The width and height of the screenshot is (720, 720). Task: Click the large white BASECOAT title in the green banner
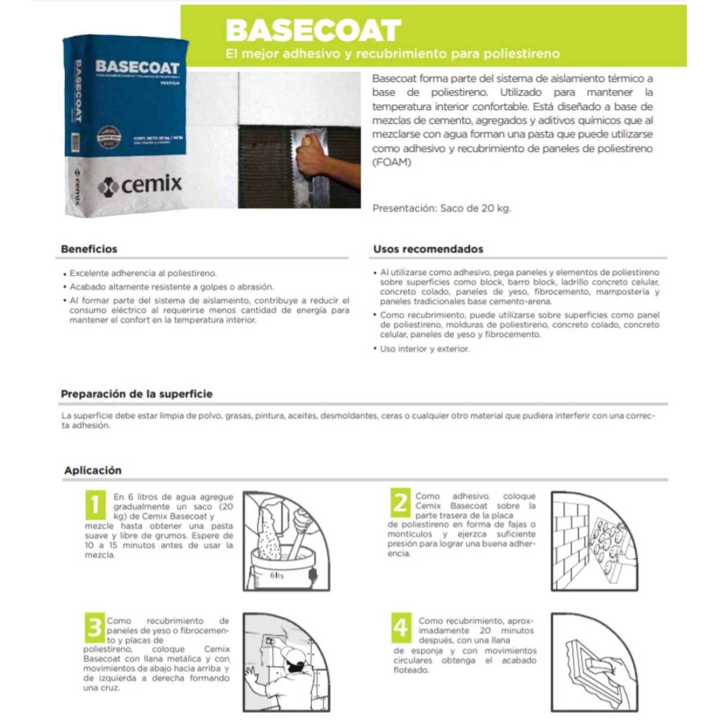click(313, 30)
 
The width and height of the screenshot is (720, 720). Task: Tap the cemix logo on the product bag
click(140, 184)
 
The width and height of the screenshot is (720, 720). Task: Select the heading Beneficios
click(89, 249)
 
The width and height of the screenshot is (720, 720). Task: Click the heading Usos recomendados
click(428, 249)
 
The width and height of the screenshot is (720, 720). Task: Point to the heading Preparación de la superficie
click(136, 394)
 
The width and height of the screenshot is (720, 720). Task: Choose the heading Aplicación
click(93, 471)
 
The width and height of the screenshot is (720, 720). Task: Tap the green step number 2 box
click(400, 503)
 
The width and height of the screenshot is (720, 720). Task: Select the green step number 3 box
click(94, 628)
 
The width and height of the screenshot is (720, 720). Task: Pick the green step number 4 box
click(400, 627)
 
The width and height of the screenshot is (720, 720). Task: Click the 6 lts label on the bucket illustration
click(277, 576)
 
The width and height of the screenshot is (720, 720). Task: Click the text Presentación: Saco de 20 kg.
click(441, 209)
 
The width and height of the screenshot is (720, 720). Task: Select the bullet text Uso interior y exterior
click(424, 349)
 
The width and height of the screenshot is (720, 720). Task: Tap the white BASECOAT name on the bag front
click(137, 67)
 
